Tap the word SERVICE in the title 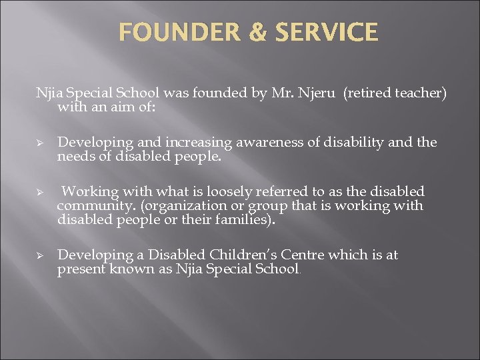(x=329, y=32)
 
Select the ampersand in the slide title (x=257, y=32)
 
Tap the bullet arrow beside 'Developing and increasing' (x=40, y=143)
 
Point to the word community (x=93, y=206)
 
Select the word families (x=246, y=219)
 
